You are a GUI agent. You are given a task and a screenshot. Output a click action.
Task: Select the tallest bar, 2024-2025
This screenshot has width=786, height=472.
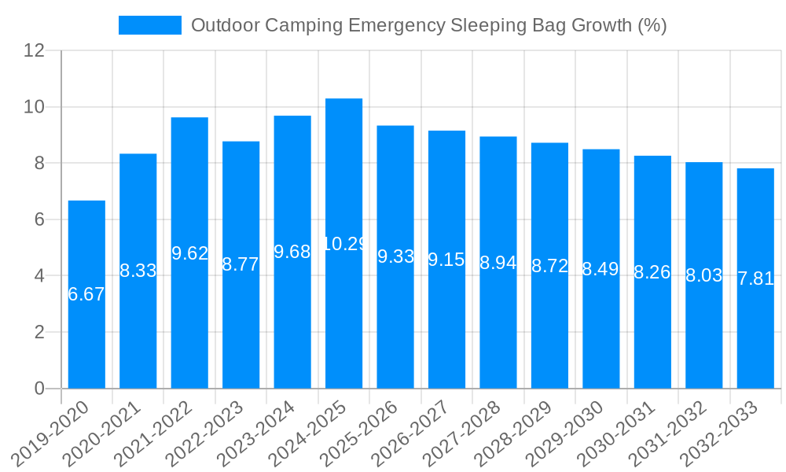(x=343, y=315)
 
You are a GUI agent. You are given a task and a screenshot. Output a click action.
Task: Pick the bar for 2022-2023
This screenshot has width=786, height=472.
(x=241, y=330)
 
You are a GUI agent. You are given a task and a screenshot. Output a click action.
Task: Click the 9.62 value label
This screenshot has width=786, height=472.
(x=189, y=253)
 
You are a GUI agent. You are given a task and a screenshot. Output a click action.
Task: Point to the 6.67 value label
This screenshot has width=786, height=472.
(x=86, y=295)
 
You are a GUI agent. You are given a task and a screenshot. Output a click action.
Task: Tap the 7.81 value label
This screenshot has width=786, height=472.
(x=755, y=278)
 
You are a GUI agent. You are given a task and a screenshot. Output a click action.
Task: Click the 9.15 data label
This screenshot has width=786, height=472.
(x=446, y=260)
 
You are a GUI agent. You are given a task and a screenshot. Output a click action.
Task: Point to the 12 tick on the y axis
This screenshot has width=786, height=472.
(x=35, y=51)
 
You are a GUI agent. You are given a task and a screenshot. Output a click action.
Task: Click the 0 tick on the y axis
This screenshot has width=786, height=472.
(x=40, y=389)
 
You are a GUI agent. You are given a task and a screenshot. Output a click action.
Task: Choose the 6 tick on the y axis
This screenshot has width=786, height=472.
(x=40, y=219)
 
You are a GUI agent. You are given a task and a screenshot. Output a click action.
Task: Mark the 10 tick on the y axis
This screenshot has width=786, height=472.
(x=35, y=107)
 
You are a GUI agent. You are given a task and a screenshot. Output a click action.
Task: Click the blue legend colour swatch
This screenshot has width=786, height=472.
(x=149, y=25)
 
